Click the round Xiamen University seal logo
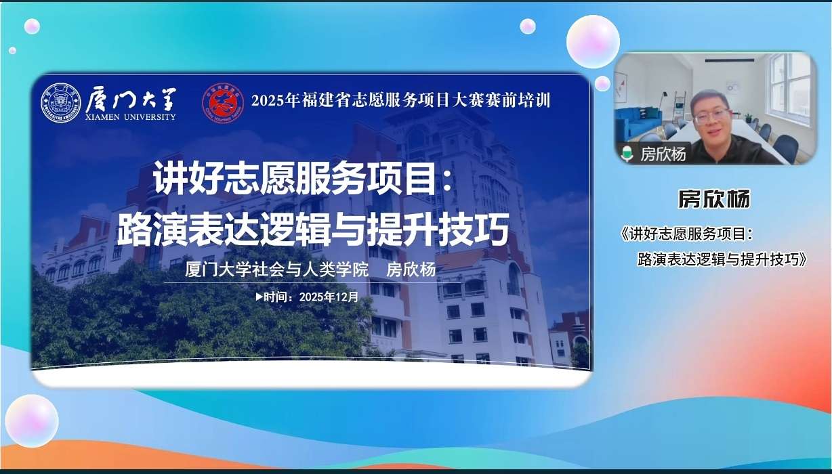tap(61, 103)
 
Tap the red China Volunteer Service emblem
tap(223, 103)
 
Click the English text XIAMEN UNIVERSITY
tap(130, 117)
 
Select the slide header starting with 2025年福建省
tap(401, 100)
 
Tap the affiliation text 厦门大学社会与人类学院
tap(276, 270)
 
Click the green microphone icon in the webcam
tap(627, 154)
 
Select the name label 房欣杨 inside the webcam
tap(663, 154)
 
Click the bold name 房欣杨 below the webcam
tap(714, 199)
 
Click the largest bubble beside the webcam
tap(593, 41)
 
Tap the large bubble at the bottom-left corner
tap(32, 421)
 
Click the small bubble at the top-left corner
tap(32, 26)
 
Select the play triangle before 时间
tap(259, 297)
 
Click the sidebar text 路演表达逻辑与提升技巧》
tap(722, 259)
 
